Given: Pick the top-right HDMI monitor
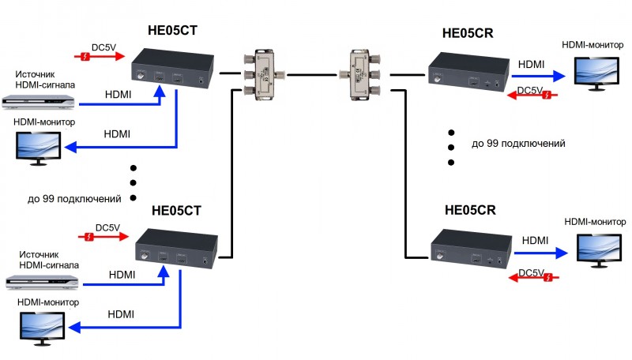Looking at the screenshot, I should pos(598,71).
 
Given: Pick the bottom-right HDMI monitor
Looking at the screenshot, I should pos(598,248).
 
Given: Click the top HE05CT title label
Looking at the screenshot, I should pos(172,32).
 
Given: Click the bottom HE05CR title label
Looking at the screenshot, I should pos(470,211).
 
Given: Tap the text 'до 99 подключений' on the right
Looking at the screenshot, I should pos(518,144).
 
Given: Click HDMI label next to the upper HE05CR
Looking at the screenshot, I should pos(531,63).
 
